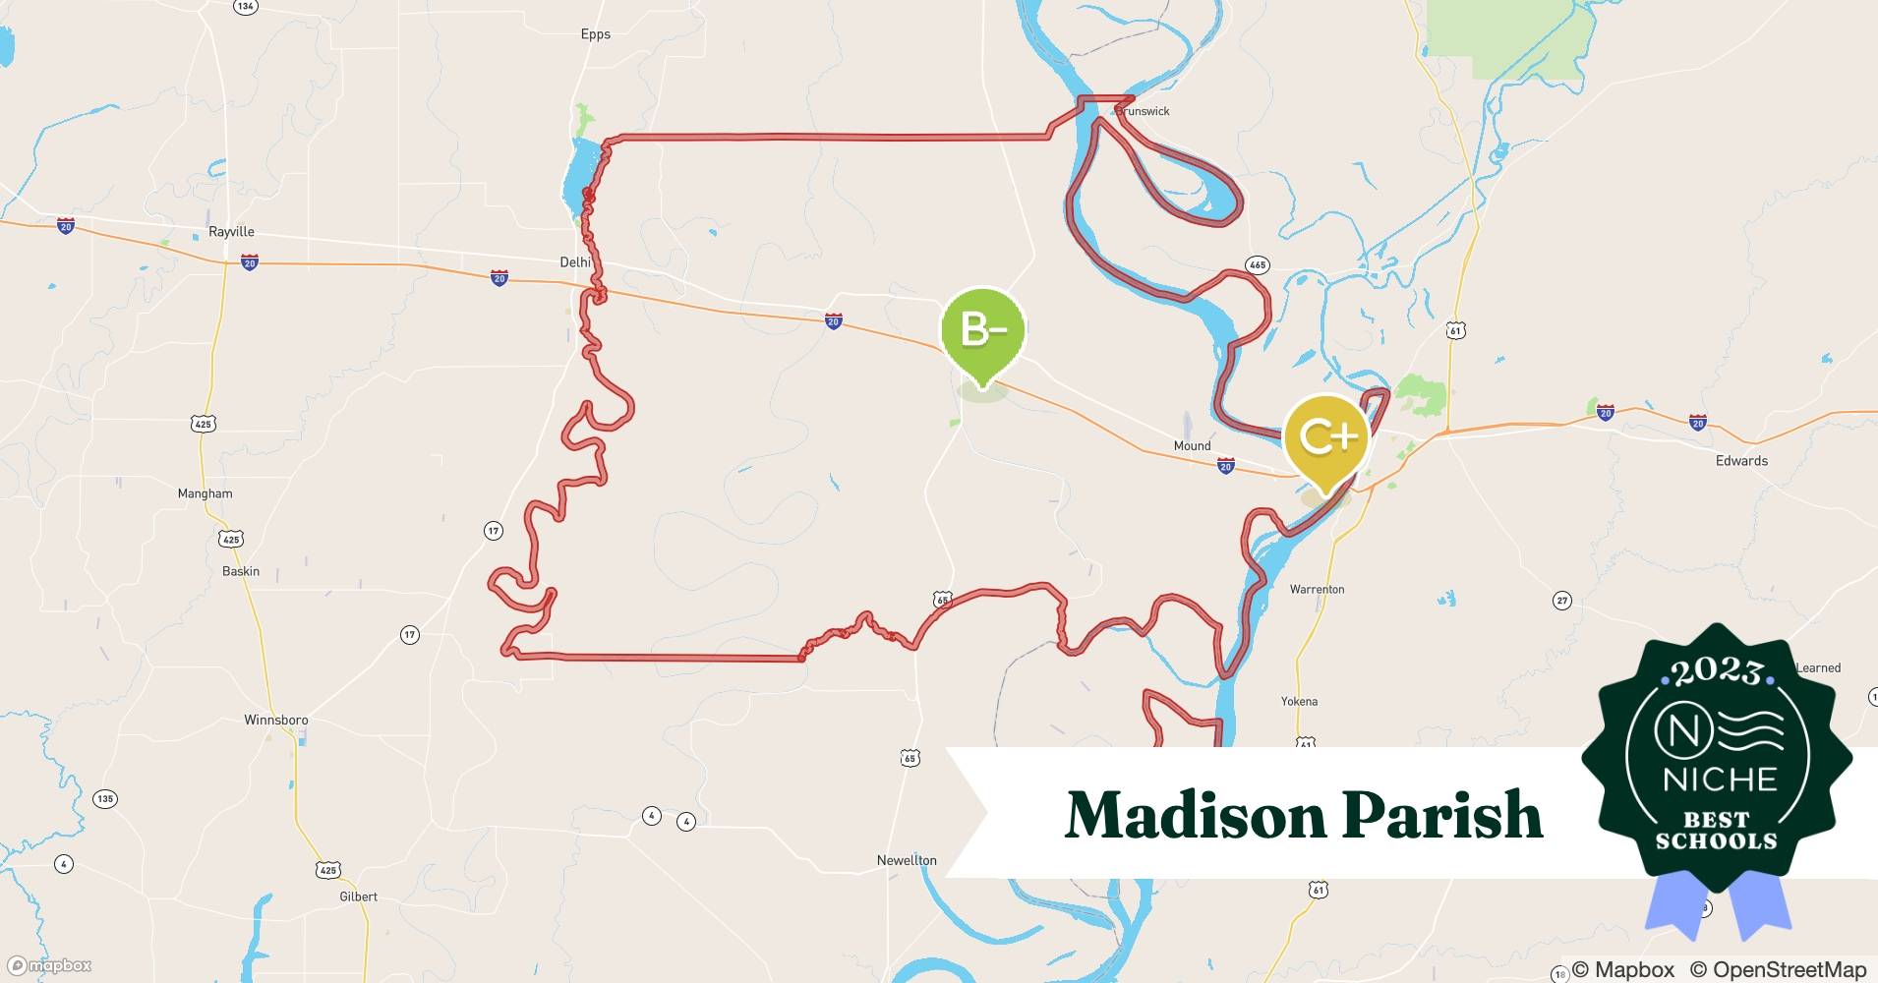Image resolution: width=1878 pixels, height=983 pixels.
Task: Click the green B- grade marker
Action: point(982,331)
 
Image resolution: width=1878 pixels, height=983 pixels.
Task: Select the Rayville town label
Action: point(231,232)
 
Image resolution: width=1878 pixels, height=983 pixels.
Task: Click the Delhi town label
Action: point(575,262)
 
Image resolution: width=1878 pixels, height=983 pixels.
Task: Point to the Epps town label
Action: point(596,34)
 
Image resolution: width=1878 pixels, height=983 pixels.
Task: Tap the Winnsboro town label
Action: point(276,721)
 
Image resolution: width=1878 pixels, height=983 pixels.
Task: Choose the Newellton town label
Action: point(907,860)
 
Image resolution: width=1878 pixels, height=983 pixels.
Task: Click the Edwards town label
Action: point(1741,461)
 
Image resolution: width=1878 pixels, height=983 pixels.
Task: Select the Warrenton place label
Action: point(1317,590)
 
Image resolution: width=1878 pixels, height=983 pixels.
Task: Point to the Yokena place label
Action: point(1299,702)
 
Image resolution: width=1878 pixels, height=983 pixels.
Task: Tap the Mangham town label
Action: point(205,494)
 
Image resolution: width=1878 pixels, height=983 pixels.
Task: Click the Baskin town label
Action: point(241,572)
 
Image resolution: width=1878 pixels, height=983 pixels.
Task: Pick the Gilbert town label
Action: point(358,896)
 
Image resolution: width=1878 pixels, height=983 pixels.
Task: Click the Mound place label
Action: point(1192,446)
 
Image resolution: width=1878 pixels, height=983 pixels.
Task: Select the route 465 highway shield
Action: point(1257,265)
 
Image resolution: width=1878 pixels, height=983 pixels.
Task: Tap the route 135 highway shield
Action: point(105,799)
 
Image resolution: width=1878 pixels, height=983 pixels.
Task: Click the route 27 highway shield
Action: point(1561,601)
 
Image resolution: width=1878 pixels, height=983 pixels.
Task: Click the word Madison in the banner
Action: point(1195,815)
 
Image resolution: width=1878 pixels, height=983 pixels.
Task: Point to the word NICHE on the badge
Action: point(1720,780)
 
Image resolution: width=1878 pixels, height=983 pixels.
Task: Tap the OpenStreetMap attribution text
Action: point(1778,969)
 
